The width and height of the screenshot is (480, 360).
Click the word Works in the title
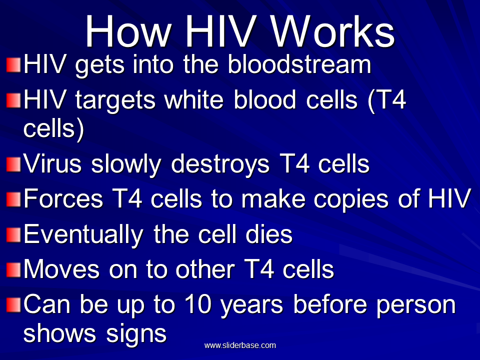pos(333,31)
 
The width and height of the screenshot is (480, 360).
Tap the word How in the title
pos(128,31)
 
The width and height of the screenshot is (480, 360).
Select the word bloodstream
pos(299,64)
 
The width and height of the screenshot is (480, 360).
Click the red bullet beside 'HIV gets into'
pos(13,65)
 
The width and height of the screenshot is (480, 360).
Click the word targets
pos(115,101)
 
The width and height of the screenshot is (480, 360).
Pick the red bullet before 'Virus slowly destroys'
pos(13,164)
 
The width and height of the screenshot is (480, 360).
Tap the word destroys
pos(220,165)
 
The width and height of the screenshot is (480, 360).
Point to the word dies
pos(269,234)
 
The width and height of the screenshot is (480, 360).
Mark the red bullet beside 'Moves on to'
pos(13,270)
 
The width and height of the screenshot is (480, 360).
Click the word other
pos(205,269)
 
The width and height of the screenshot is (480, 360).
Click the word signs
pos(136,335)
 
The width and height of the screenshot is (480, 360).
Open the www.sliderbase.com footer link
pos(240,345)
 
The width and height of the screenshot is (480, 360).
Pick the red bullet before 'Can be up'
pos(13,305)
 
